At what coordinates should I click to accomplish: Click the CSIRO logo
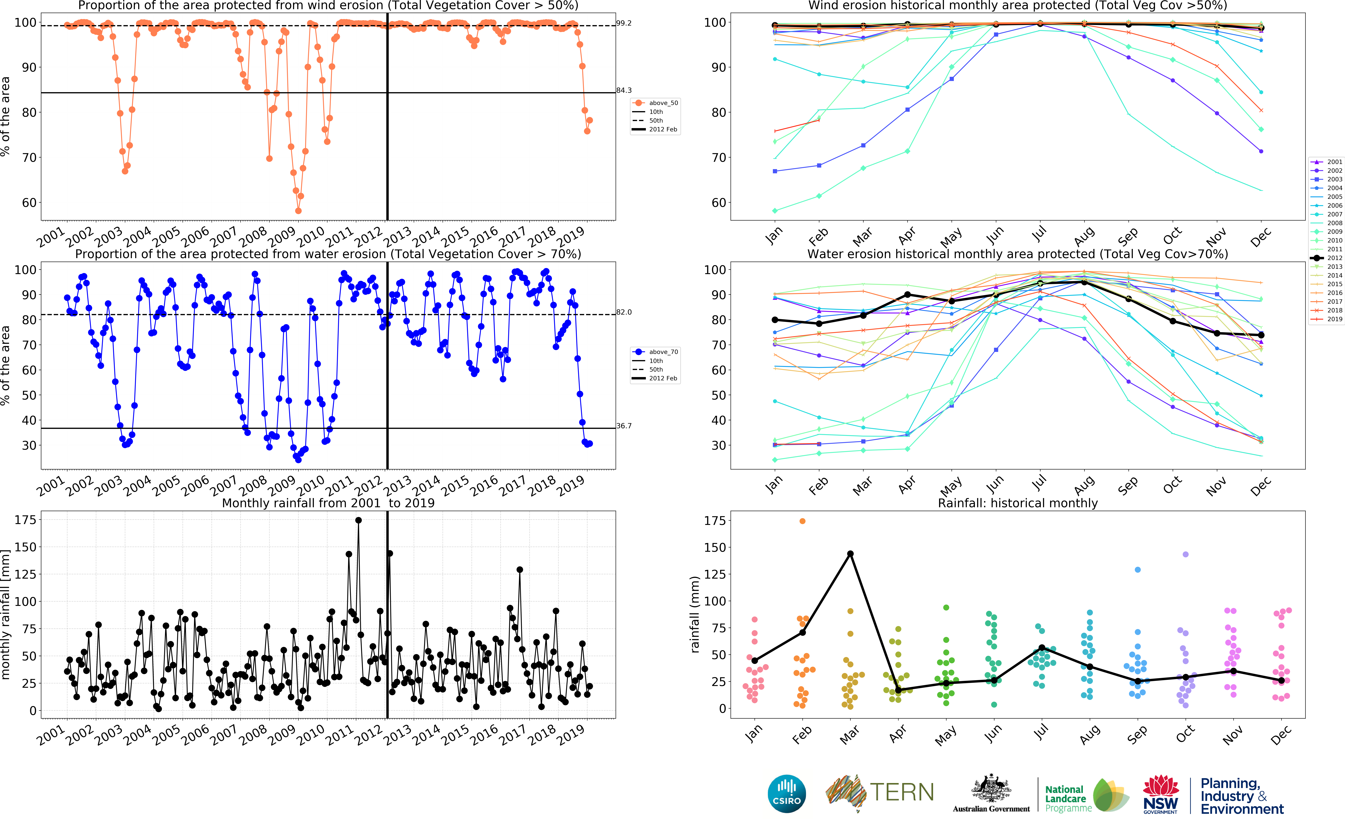click(787, 793)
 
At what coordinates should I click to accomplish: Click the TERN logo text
click(902, 792)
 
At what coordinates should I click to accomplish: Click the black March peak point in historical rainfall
click(850, 554)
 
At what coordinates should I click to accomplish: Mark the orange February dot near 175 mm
click(803, 521)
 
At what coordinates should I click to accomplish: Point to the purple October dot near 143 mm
click(1186, 554)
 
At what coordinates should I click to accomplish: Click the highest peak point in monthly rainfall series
click(358, 520)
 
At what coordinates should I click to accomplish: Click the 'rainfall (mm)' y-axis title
click(695, 614)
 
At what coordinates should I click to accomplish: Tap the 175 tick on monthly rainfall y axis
click(25, 520)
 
